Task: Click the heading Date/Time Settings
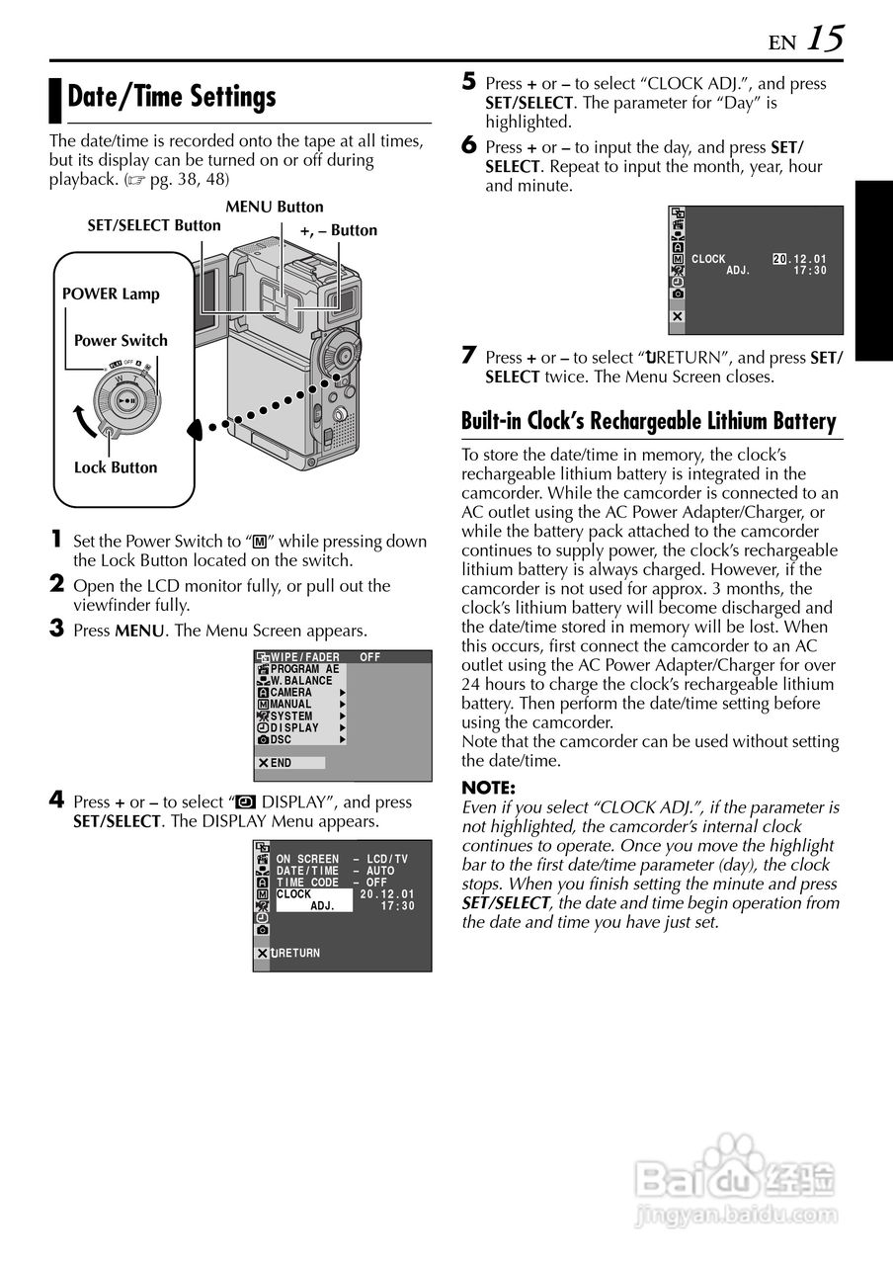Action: click(x=172, y=97)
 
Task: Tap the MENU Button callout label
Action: click(x=275, y=207)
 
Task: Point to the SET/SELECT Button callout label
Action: click(x=154, y=225)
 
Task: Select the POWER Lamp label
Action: click(x=111, y=294)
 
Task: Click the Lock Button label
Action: click(x=116, y=467)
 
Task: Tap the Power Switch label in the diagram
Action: click(x=121, y=340)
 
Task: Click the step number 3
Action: click(x=57, y=629)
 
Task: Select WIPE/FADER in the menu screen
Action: click(x=305, y=657)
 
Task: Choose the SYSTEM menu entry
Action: click(x=291, y=716)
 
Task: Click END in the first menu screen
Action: click(x=282, y=763)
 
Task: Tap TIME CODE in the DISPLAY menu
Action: click(x=307, y=883)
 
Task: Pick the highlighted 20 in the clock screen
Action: click(x=779, y=259)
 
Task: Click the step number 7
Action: click(x=470, y=356)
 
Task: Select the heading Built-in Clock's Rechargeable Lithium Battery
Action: click(x=649, y=421)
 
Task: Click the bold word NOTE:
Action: click(x=489, y=788)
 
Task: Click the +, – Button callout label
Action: click(x=339, y=230)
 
